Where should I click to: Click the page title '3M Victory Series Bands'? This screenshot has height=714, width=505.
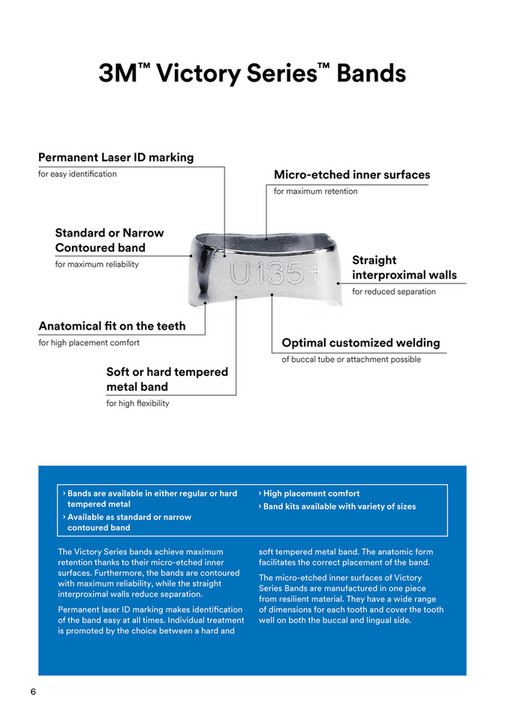[252, 73]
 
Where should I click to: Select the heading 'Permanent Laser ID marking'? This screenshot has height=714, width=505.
[116, 157]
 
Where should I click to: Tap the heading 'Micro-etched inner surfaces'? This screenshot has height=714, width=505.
[352, 175]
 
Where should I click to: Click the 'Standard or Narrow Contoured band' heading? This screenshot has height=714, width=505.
[109, 240]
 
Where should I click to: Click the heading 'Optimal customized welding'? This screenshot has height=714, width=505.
[360, 343]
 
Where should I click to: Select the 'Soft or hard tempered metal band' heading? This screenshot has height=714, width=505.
[167, 379]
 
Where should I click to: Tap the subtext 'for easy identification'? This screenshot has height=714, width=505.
[77, 174]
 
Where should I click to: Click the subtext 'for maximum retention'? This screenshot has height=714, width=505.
[315, 191]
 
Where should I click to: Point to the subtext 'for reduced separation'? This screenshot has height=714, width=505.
[393, 292]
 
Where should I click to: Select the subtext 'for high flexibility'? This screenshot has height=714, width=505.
[138, 404]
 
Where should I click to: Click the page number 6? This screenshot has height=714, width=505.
[33, 692]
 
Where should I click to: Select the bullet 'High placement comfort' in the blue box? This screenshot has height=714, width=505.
[310, 494]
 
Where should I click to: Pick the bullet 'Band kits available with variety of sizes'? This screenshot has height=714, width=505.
[338, 507]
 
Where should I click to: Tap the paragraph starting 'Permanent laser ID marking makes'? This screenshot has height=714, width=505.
[149, 620]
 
